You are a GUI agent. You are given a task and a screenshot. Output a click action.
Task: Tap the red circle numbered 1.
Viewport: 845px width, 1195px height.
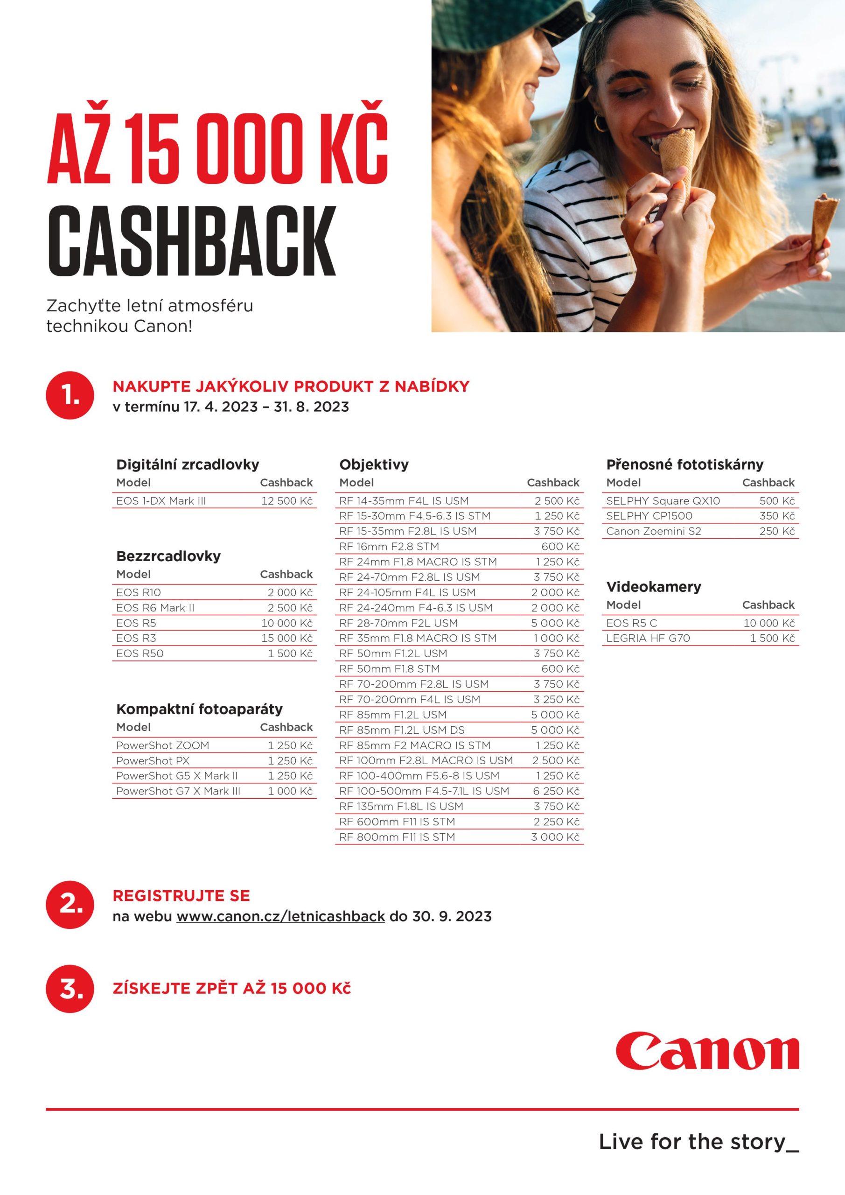pos(70,395)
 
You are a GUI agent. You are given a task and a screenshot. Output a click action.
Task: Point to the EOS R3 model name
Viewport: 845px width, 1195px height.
pos(136,638)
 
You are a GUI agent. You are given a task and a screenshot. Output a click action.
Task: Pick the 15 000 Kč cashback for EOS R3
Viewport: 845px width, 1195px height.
pos(286,638)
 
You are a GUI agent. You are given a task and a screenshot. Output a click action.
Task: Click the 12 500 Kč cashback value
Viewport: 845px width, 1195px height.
pos(286,501)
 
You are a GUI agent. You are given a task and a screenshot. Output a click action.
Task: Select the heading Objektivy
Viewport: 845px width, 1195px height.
pos(374,464)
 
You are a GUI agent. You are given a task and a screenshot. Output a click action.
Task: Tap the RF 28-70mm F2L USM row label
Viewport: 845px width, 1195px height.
pos(398,623)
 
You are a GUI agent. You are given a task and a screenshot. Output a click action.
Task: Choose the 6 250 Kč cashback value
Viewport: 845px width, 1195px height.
pos(556,791)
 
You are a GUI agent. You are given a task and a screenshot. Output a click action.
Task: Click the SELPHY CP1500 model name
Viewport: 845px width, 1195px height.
pos(649,516)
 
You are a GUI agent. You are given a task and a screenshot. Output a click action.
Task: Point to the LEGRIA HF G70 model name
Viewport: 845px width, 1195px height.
pos(648,638)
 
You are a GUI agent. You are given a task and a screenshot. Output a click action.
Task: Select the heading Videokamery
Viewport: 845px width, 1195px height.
pos(654,587)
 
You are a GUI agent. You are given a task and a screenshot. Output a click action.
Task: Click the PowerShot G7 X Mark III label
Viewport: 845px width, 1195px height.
pos(178,791)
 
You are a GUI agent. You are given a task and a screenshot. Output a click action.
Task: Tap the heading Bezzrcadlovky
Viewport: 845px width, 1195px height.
pos(168,556)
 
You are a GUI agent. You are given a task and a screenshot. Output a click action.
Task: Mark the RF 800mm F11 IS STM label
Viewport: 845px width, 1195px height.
pos(397,837)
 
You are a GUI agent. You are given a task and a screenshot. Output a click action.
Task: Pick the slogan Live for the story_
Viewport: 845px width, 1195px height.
pos(698,1141)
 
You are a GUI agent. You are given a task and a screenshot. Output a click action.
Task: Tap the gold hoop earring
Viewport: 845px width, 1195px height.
pos(600,124)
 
